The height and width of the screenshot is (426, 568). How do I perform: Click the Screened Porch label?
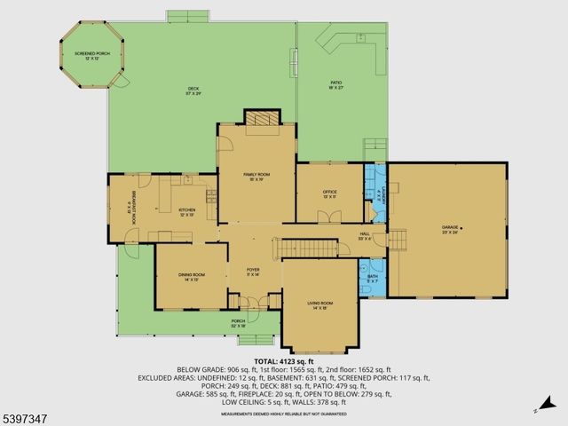point(91,56)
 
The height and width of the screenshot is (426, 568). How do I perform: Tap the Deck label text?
point(193,90)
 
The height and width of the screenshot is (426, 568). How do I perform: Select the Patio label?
point(336,85)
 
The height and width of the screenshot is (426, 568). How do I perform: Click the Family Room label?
point(256,176)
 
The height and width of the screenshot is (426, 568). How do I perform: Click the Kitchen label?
point(186,211)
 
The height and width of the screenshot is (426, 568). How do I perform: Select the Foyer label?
point(253,273)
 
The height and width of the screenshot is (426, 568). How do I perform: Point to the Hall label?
point(364,237)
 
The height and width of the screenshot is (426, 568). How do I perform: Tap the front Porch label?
point(238,322)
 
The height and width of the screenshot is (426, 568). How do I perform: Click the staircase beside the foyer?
point(306,248)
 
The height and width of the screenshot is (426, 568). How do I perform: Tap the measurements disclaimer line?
point(284,414)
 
